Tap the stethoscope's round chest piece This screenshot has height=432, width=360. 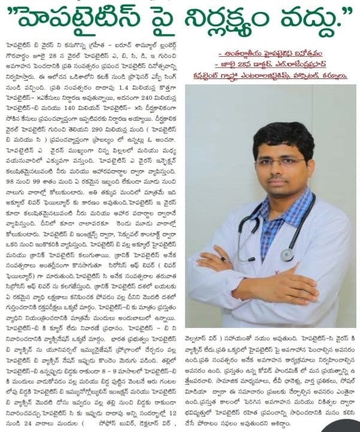tap(288, 255)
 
